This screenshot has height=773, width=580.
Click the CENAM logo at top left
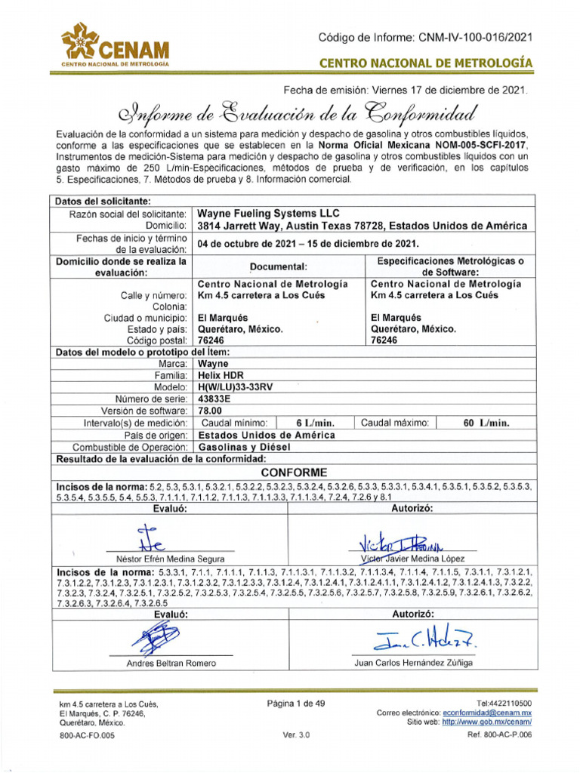(115, 46)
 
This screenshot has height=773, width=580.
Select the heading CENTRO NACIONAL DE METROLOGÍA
(426, 63)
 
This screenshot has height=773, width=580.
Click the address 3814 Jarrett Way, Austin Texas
(362, 226)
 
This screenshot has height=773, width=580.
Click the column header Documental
(279, 266)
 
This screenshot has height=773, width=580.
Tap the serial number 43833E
(216, 399)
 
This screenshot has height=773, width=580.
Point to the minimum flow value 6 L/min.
(315, 423)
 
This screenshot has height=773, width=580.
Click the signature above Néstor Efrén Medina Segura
(169, 539)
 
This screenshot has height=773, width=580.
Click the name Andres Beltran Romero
(171, 663)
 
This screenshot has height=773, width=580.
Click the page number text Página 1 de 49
(295, 704)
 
